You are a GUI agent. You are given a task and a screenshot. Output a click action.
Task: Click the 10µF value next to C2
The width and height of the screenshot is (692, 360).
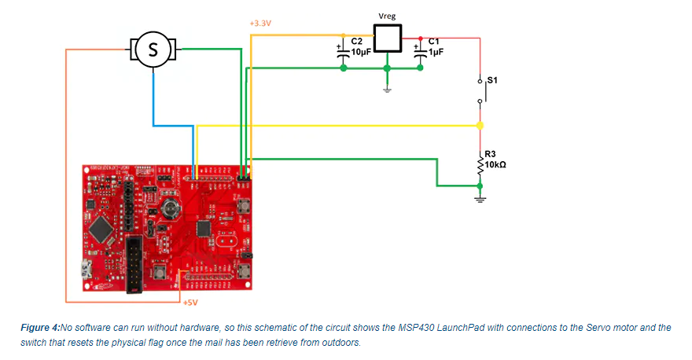point(361,52)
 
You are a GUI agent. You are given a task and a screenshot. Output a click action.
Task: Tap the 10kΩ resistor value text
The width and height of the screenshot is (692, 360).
point(495,165)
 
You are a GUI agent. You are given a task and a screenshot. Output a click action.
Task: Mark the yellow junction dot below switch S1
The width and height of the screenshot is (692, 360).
point(480,125)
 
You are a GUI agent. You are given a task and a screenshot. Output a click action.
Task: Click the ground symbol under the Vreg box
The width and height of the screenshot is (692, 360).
point(386,89)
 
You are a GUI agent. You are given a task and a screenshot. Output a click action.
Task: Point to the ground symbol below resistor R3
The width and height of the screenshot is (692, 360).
point(480,197)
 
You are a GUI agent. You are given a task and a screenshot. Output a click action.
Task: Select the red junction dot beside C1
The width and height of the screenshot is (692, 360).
point(421,37)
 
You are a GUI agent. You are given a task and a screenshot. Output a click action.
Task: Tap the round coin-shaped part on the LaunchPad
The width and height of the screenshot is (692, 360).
point(169,208)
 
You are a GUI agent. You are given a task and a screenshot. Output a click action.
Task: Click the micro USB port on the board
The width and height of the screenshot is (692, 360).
point(84,272)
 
